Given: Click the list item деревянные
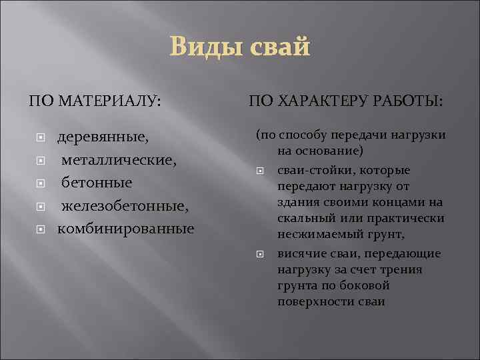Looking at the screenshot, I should point(103,137).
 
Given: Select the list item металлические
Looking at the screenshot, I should point(119,160).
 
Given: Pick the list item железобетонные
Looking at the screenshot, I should point(125,206).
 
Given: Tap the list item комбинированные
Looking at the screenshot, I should point(126,229).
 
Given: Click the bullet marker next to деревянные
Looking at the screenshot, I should point(41,138).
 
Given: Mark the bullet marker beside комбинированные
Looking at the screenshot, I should point(41,229).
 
